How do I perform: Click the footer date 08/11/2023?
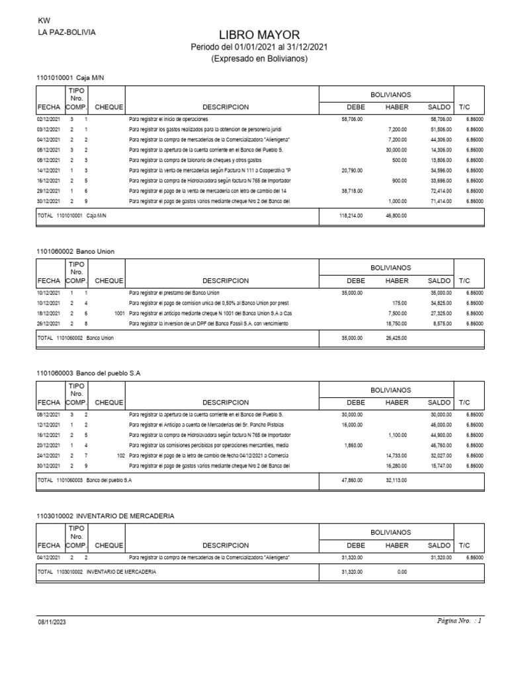51,622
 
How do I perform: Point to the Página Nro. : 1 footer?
460,621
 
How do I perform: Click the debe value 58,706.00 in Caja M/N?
351,118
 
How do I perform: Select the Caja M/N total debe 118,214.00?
351,215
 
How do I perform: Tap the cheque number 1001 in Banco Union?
119,313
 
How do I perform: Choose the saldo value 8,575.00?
440,323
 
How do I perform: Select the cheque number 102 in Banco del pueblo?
120,456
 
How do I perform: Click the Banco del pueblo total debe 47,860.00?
351,480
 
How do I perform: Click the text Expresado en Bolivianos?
259,59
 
